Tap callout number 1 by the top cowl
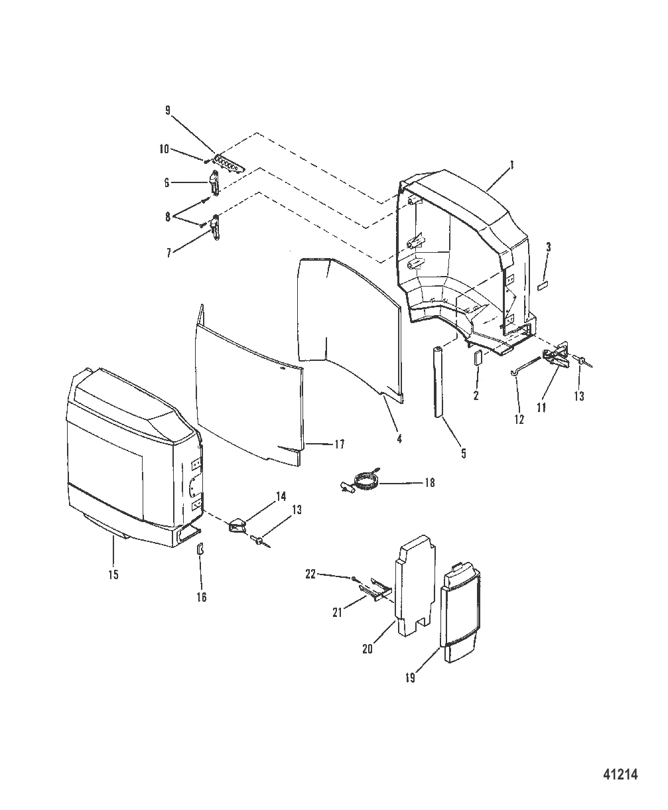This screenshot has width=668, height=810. pos(511,165)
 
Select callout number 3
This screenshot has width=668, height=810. pos(548,247)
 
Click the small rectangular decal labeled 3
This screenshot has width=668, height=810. pos(542,287)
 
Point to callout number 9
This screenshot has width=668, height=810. pos(168,111)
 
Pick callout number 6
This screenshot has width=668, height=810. pos(167,182)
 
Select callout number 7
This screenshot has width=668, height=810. pos(168,253)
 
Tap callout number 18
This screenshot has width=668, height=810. pos(429,483)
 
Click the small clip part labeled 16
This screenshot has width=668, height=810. pos(200,549)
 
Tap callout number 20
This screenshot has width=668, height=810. pos(367,649)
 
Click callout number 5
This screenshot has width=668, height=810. pos(464,453)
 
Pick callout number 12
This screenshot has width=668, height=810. pos(519,419)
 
